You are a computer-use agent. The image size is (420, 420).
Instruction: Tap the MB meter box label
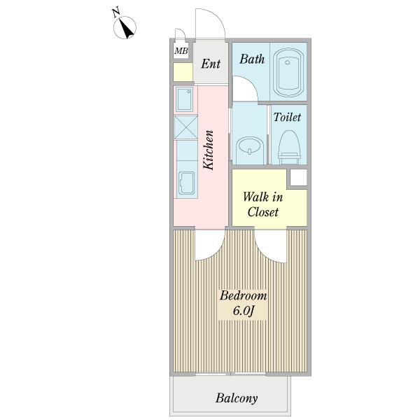[x=181, y=50]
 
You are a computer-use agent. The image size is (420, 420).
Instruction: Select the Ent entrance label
[x=211, y=64]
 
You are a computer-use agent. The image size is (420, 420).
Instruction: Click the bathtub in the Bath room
[x=288, y=72]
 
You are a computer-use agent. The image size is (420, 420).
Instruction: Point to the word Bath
[x=252, y=59]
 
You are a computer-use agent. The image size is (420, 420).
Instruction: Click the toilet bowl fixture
[x=289, y=147]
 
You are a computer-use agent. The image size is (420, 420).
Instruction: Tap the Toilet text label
[x=287, y=117]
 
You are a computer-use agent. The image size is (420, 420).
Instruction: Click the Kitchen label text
[x=209, y=150]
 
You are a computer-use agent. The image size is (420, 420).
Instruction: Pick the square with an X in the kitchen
[x=186, y=127]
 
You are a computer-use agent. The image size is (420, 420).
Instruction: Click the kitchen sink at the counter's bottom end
[x=186, y=183]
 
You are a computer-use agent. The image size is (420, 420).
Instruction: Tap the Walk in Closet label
[x=262, y=204]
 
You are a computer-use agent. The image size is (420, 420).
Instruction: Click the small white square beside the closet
[x=298, y=178]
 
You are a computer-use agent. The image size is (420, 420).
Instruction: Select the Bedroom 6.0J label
[x=243, y=303]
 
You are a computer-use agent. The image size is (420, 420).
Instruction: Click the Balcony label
[x=237, y=398]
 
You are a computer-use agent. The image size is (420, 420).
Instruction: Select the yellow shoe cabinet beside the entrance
[x=183, y=72]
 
